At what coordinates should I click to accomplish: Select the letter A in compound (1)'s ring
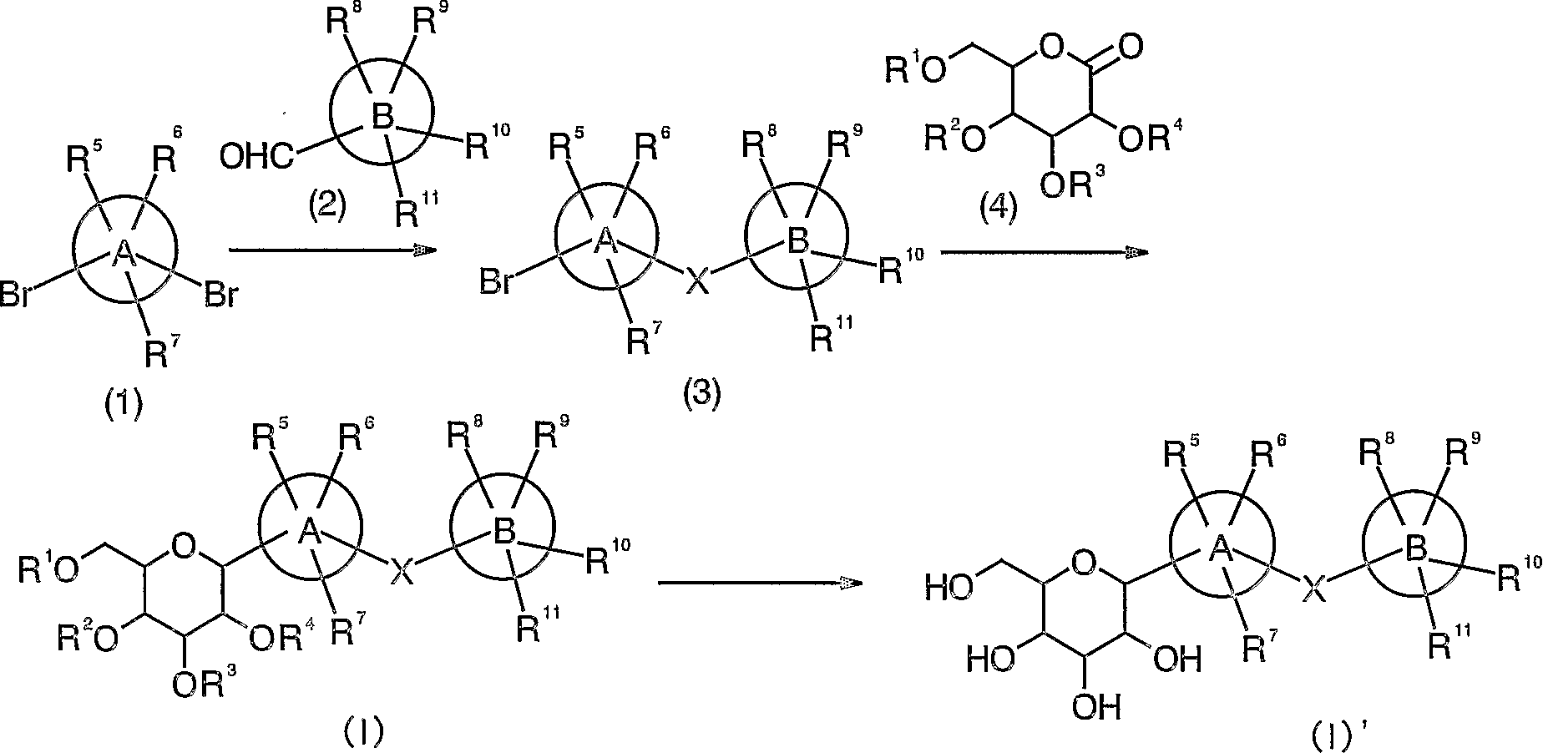coord(124,250)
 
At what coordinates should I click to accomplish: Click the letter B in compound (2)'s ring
coord(382,117)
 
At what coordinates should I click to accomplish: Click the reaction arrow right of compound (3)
coord(1043,250)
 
